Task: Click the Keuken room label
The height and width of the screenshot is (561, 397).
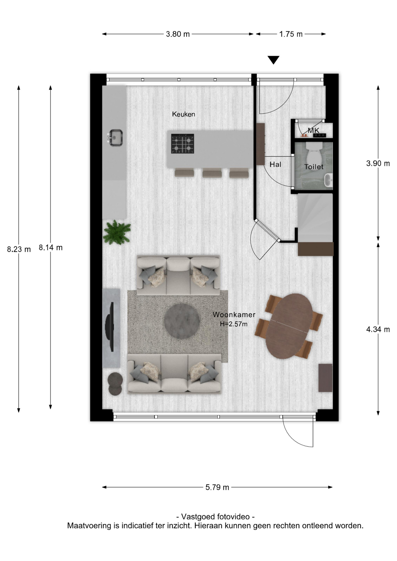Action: point(183,114)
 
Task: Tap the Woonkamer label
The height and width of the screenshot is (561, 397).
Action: point(234,315)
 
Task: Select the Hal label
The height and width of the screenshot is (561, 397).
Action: point(275,165)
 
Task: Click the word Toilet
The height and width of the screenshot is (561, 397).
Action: point(314,167)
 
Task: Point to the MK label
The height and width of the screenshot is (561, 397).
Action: point(313,130)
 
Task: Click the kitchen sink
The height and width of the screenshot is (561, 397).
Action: point(115,138)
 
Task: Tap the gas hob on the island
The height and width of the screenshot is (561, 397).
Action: point(182,144)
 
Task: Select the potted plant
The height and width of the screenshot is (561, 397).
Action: point(117,233)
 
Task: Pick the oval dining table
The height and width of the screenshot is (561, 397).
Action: point(289,326)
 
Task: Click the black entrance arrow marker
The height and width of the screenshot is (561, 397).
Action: point(274,60)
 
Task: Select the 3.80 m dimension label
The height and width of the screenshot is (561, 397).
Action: point(178,34)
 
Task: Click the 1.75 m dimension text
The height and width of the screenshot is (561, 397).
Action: point(291,34)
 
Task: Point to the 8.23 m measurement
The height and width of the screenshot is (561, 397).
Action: point(19,249)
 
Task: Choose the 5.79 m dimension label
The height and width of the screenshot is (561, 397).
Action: point(217,487)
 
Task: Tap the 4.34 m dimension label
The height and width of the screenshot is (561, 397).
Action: point(378,330)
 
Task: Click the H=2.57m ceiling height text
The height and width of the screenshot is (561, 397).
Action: point(234,324)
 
